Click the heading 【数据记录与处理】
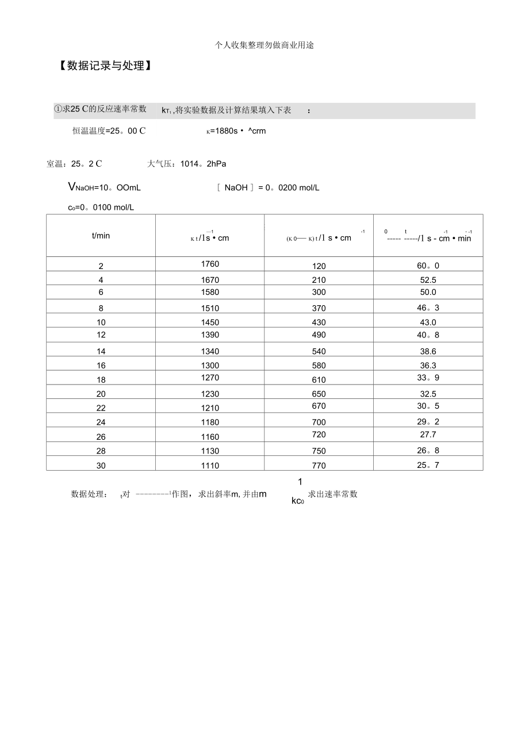click(105, 66)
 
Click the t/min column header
click(101, 236)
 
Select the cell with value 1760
click(210, 264)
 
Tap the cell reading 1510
click(210, 308)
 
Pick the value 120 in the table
click(319, 266)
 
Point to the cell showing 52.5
click(428, 280)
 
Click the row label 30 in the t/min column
click(101, 466)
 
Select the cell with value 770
click(319, 466)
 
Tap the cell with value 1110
click(210, 466)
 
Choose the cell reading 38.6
click(428, 351)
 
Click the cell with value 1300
click(210, 366)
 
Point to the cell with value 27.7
click(428, 435)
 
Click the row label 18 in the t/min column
click(101, 380)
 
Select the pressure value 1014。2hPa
click(203, 164)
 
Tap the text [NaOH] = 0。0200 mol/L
click(268, 187)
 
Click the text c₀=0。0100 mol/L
click(101, 207)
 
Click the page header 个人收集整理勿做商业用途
click(264, 45)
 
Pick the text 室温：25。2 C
click(74, 164)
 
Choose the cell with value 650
click(319, 394)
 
